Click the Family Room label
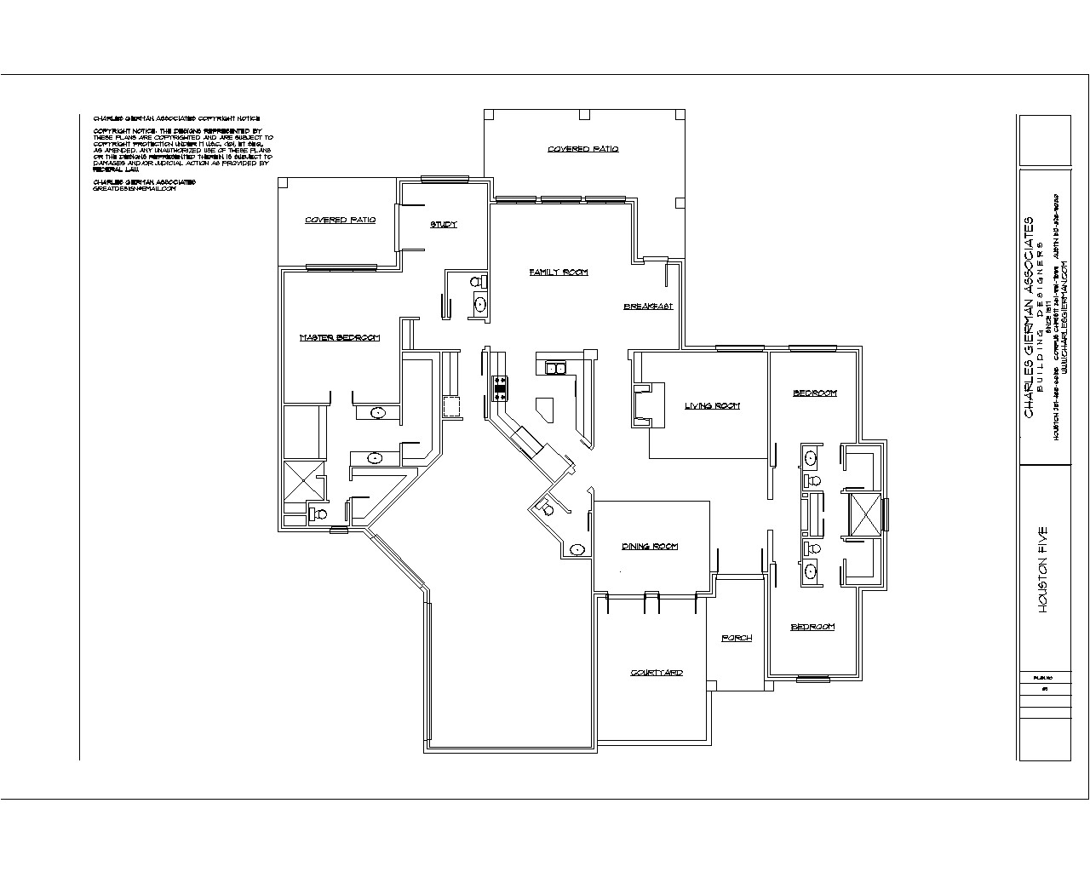pyautogui.click(x=559, y=272)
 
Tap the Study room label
pyautogui.click(x=443, y=225)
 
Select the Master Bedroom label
pyautogui.click(x=339, y=338)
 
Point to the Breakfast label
pyautogui.click(x=649, y=307)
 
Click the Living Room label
pyautogui.click(x=712, y=406)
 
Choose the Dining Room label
pyautogui.click(x=650, y=547)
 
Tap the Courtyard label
pyautogui.click(x=657, y=673)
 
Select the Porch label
pyautogui.click(x=737, y=638)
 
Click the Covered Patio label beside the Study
pyautogui.click(x=340, y=221)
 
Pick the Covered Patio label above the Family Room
pyautogui.click(x=582, y=149)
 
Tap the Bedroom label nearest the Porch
pyautogui.click(x=812, y=628)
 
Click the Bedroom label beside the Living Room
pyautogui.click(x=815, y=393)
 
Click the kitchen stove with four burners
pyautogui.click(x=500, y=388)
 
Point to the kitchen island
pyautogui.click(x=543, y=409)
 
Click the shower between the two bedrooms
pyautogui.click(x=862, y=513)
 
